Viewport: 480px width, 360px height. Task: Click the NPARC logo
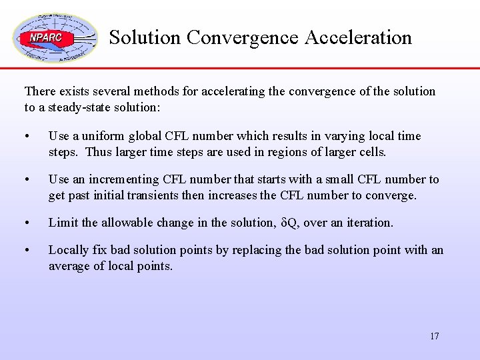click(x=55, y=37)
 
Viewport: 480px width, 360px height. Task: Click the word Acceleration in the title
click(x=358, y=37)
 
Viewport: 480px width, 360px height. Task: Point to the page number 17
click(x=434, y=336)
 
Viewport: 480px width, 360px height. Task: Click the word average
click(x=69, y=266)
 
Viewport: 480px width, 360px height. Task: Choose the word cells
click(x=373, y=152)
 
